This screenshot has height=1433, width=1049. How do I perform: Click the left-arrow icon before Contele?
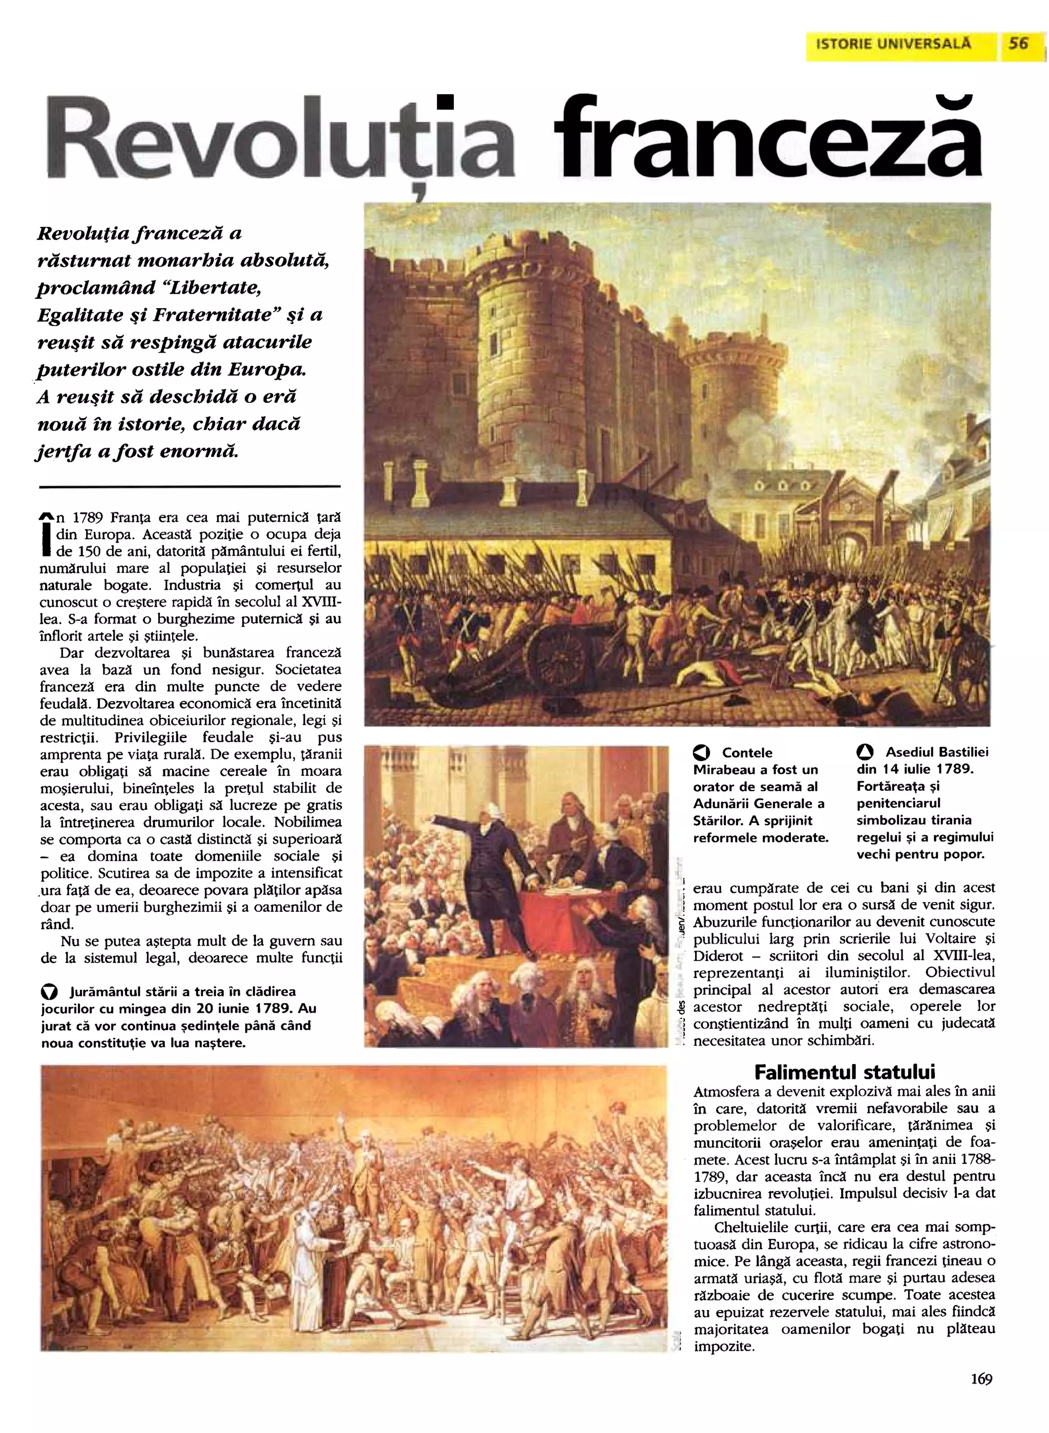[702, 753]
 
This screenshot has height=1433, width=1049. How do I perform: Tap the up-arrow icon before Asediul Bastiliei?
[865, 753]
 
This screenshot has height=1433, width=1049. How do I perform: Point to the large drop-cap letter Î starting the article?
[45, 533]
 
